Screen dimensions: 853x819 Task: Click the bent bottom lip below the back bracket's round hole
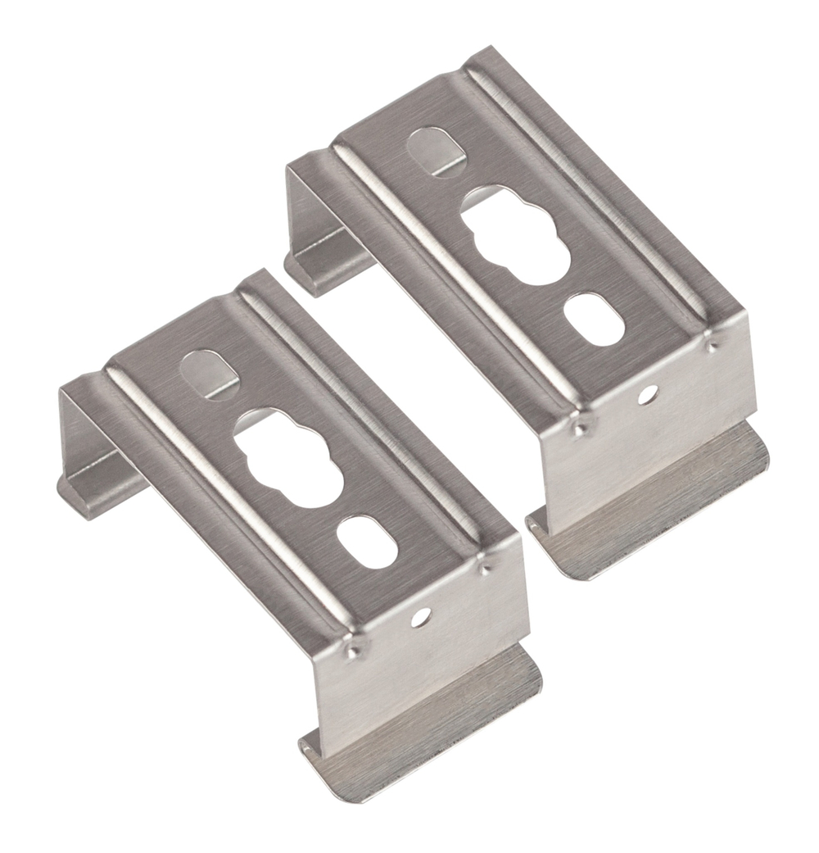click(655, 508)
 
